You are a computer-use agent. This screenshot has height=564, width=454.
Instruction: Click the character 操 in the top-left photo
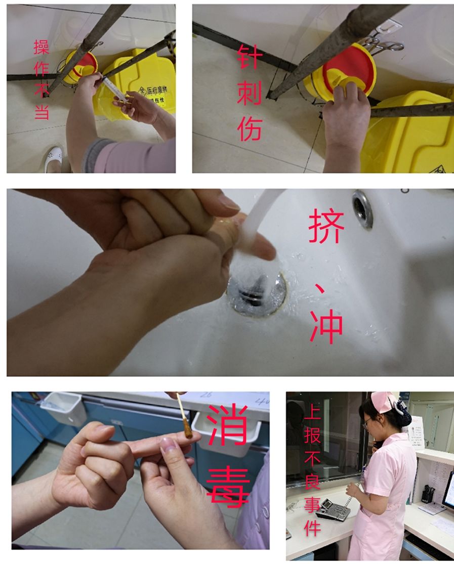(42, 47)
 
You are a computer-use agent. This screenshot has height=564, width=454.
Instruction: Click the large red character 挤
(326, 226)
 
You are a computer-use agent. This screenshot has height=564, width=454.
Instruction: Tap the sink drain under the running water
(256, 293)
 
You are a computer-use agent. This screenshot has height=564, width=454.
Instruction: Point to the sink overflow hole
(363, 207)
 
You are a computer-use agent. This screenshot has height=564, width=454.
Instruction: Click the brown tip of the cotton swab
(189, 428)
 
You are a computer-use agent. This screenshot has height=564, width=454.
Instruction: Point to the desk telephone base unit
(332, 508)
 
